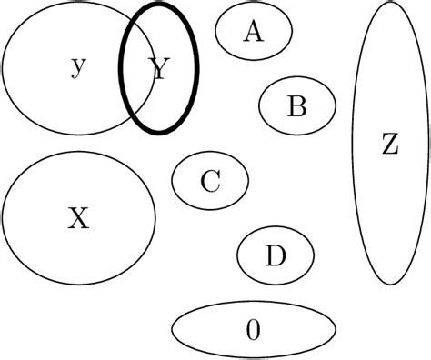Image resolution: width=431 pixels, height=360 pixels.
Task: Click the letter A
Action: pos(253,32)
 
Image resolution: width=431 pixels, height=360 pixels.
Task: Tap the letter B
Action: pos(296,107)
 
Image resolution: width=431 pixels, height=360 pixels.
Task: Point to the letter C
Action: pos(210,182)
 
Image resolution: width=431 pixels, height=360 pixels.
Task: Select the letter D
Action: pos(276,256)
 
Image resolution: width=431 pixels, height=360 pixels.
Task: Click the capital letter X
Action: pos(79,218)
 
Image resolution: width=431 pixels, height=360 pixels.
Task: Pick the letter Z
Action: pos(390,145)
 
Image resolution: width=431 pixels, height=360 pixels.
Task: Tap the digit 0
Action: pos(254,330)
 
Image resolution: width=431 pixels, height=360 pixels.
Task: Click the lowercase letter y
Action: pos(78,66)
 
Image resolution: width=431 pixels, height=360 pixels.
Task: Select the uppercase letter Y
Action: pos(160,69)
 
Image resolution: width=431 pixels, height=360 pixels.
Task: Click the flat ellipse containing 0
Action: pos(209,330)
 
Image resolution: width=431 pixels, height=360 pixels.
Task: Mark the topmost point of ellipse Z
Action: pos(390,4)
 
